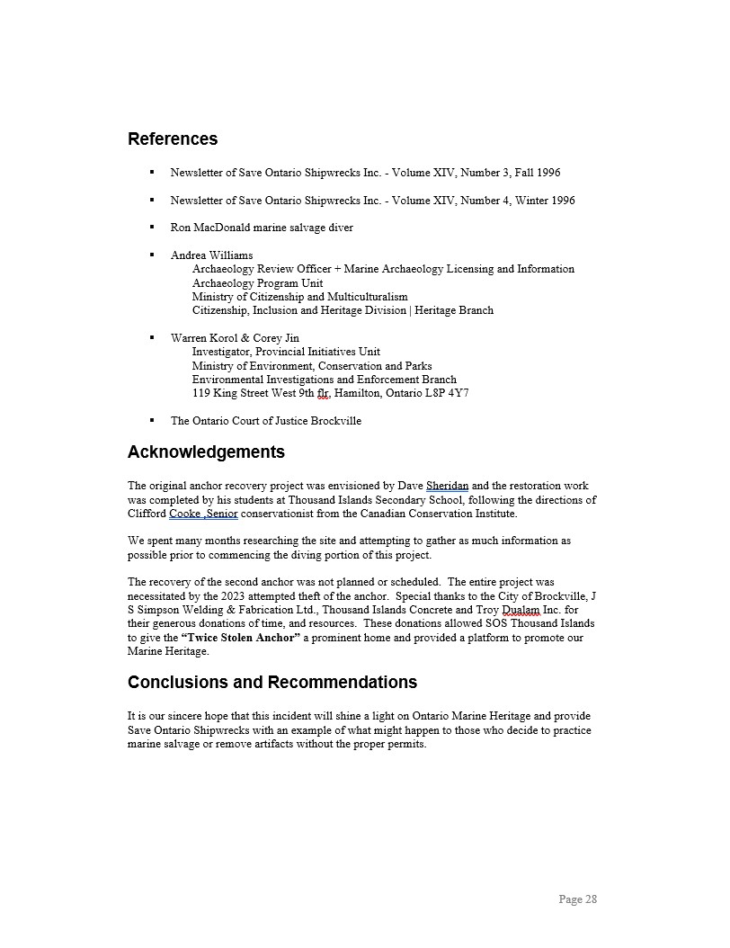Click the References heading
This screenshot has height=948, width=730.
[173, 139]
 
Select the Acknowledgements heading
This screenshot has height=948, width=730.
[206, 452]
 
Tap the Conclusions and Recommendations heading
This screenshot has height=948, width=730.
[272, 682]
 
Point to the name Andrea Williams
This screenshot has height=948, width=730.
[211, 255]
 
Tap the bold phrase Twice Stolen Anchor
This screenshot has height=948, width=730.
[240, 638]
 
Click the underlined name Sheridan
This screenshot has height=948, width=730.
[447, 487]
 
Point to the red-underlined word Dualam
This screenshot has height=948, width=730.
[521, 610]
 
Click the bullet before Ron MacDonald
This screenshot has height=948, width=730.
[152, 227]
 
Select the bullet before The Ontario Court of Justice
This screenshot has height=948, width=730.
[152, 420]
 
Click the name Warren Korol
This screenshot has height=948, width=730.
[204, 338]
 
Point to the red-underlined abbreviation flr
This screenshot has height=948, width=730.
[323, 393]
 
